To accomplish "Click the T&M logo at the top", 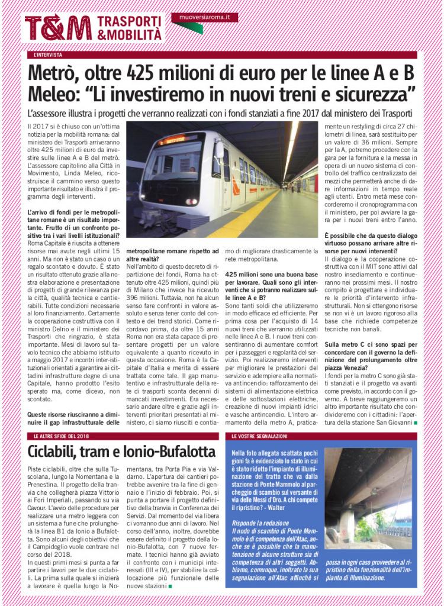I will coord(58,27).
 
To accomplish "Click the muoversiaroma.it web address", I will coord(204,17).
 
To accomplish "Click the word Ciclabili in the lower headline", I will coord(57,453).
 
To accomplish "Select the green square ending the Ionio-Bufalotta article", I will coord(170,586).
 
